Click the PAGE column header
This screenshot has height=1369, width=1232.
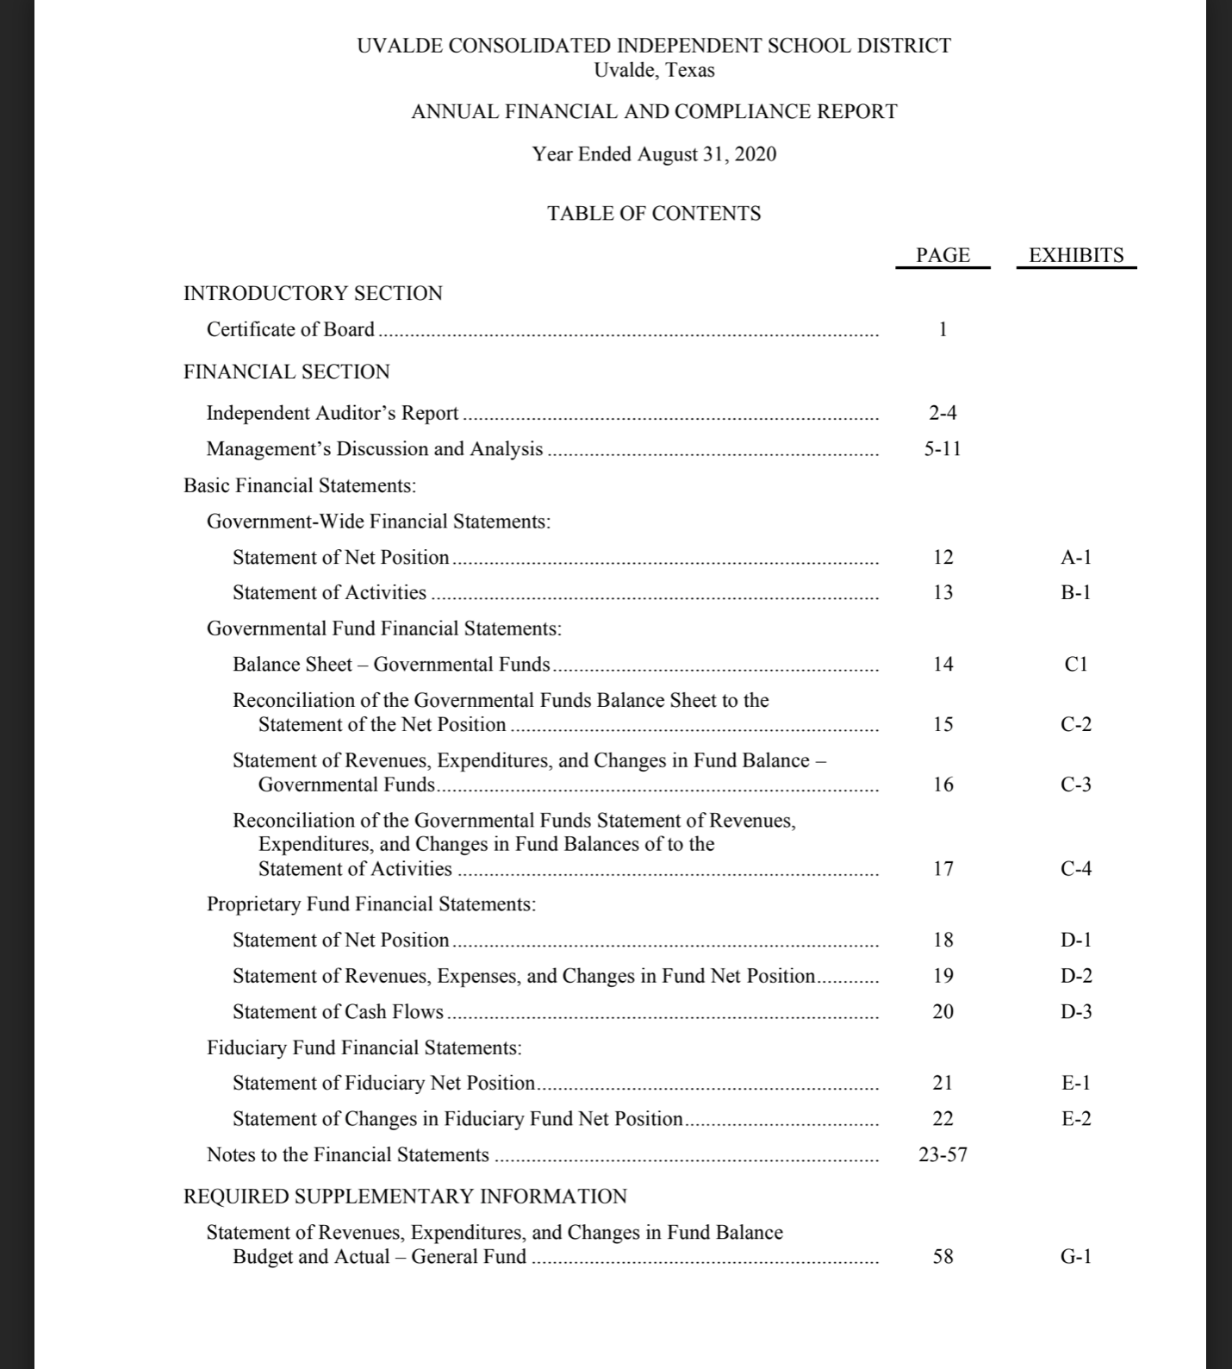943,255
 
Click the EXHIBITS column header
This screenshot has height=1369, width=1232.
1076,255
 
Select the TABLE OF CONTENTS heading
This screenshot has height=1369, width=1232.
654,214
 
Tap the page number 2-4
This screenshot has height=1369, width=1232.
943,413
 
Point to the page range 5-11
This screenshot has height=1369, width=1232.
943,449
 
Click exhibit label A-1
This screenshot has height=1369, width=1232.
1076,558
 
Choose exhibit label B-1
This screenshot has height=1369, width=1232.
1076,593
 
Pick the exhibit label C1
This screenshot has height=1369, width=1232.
1076,665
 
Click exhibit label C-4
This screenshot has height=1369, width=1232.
1076,869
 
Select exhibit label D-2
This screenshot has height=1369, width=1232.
1076,976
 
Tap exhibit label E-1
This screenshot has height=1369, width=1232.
1076,1083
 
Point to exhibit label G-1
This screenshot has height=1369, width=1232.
1076,1257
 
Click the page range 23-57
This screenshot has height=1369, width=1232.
943,1155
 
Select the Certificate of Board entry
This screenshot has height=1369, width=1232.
290,329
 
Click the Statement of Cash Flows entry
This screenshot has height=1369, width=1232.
338,1012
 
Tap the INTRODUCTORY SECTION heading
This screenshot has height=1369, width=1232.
313,294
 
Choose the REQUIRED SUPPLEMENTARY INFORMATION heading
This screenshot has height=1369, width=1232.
405,1197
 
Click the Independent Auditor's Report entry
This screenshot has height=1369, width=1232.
332,413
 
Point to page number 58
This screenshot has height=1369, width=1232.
943,1257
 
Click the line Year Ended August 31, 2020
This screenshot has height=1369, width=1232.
654,154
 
